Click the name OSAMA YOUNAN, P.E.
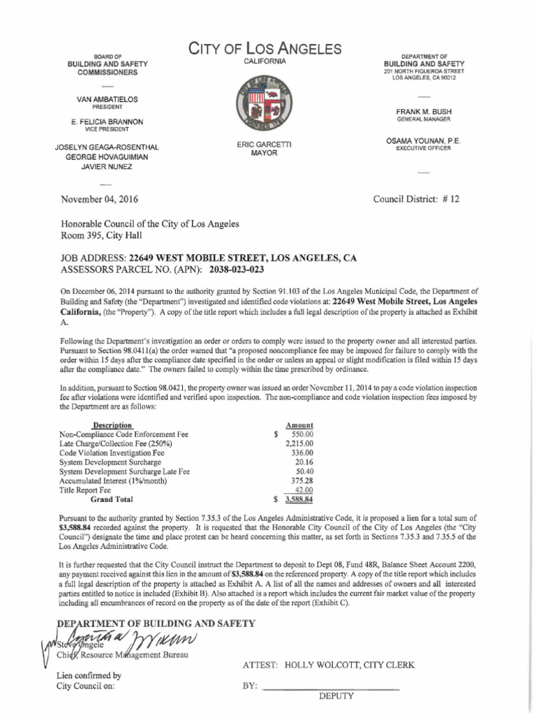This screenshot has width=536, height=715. coord(424,141)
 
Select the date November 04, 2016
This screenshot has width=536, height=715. coord(99,199)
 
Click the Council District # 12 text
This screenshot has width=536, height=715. coord(416,199)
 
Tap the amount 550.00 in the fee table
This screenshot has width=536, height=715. coord(301,434)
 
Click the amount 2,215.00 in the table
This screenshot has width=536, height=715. coord(299,443)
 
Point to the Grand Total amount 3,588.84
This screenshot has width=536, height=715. coord(298,500)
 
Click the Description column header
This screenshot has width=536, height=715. coord(112,425)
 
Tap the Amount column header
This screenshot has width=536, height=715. coord(299,425)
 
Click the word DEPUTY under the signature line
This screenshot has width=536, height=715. coord(337,696)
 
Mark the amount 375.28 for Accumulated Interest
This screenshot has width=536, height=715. coord(301,481)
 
